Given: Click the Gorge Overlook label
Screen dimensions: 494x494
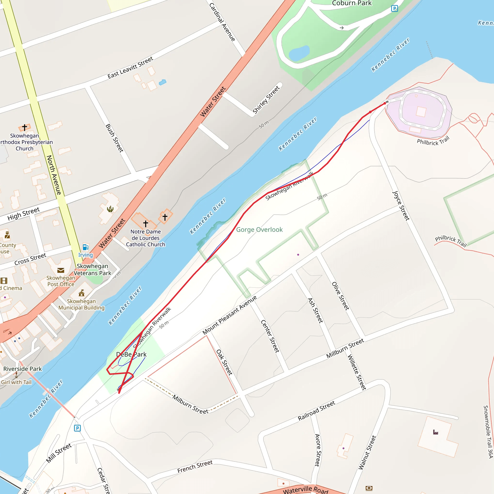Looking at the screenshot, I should tap(259, 230).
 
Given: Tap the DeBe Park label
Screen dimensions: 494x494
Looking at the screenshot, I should tap(131, 354).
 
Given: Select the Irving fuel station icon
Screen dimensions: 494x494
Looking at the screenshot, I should tap(85, 247).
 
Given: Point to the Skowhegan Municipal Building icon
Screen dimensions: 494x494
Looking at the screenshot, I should tap(82, 293).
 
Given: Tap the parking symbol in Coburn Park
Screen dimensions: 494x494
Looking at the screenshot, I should tap(395, 9).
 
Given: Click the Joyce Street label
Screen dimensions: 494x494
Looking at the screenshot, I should tap(401, 206).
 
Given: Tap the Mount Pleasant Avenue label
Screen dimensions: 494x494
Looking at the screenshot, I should tap(229, 315).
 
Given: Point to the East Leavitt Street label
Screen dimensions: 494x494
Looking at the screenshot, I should tap(130, 68).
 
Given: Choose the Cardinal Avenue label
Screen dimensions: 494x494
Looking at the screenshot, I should tap(222, 22).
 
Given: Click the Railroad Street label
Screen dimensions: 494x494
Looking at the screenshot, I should tap(316, 411).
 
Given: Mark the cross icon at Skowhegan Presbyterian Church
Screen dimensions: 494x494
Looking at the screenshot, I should tap(25, 127).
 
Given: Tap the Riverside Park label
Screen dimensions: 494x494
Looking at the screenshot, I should tap(22, 369).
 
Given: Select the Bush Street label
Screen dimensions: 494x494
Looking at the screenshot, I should tap(114, 138).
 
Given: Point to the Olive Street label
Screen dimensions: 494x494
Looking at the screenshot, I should tap(340, 296).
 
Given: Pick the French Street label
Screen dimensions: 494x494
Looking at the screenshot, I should tap(195, 467).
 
